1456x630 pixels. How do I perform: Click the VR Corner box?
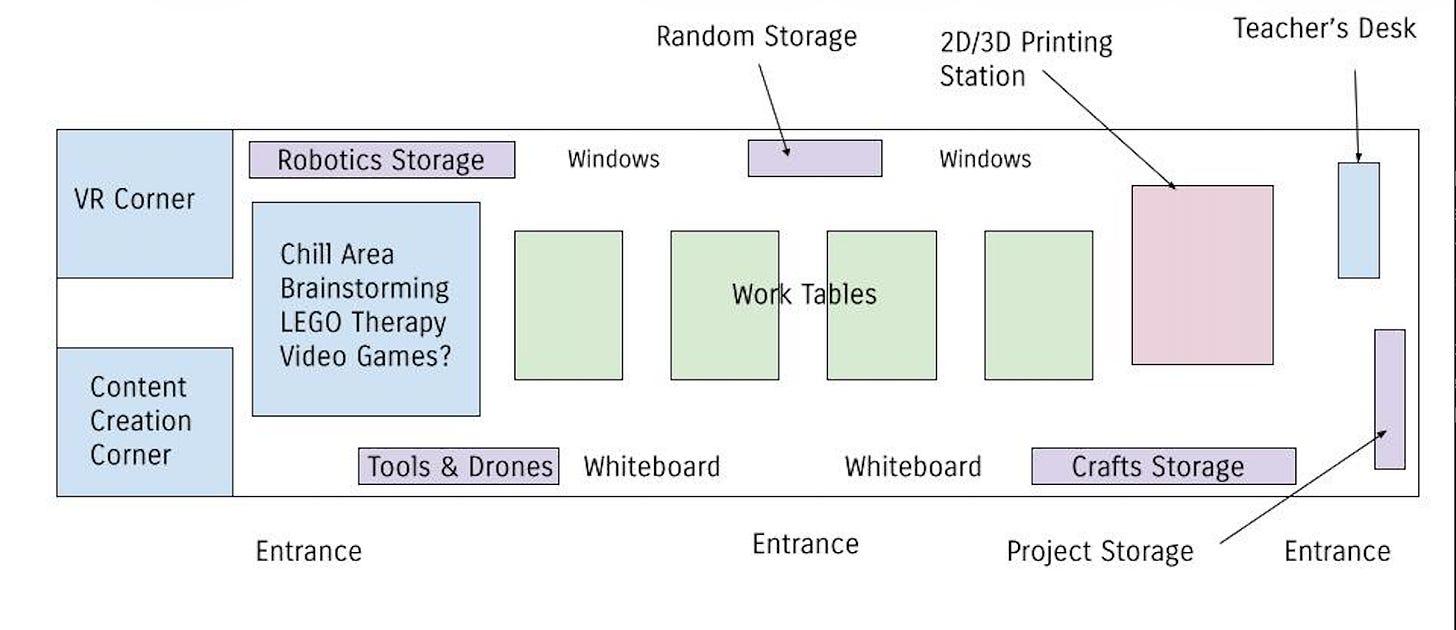click(x=145, y=204)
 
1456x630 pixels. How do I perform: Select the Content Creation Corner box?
click(x=145, y=422)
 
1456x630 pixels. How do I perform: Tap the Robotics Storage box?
click(x=382, y=160)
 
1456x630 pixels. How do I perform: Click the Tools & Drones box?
click(x=459, y=466)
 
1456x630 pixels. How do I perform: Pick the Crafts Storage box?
click(x=1164, y=466)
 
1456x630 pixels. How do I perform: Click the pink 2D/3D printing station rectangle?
click(x=1202, y=275)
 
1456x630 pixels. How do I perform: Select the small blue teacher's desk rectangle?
click(x=1358, y=220)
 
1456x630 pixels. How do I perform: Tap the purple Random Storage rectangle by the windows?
click(x=815, y=158)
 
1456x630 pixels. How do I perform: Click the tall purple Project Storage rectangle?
click(x=1390, y=399)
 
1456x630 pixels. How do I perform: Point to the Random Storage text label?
click(x=757, y=36)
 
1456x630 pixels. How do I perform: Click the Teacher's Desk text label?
click(x=1325, y=29)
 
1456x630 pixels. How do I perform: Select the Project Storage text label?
click(x=1100, y=552)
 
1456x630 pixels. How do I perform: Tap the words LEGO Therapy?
click(x=363, y=323)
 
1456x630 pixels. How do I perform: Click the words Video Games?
click(x=365, y=356)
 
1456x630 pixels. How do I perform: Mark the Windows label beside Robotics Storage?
click(x=614, y=159)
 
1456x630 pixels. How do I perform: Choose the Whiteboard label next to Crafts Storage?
click(x=913, y=467)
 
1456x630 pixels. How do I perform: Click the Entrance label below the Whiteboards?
click(x=805, y=544)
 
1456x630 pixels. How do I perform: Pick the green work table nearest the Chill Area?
click(x=569, y=305)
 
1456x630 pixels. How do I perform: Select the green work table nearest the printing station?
click(x=1039, y=305)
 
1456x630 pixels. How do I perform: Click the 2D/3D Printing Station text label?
click(x=1026, y=59)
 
